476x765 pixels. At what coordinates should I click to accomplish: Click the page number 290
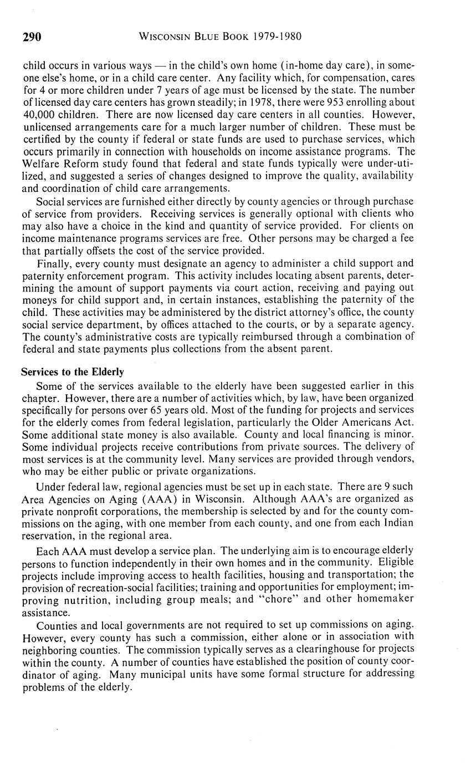click(x=32, y=37)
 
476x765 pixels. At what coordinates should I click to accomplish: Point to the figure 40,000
click(x=40, y=114)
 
